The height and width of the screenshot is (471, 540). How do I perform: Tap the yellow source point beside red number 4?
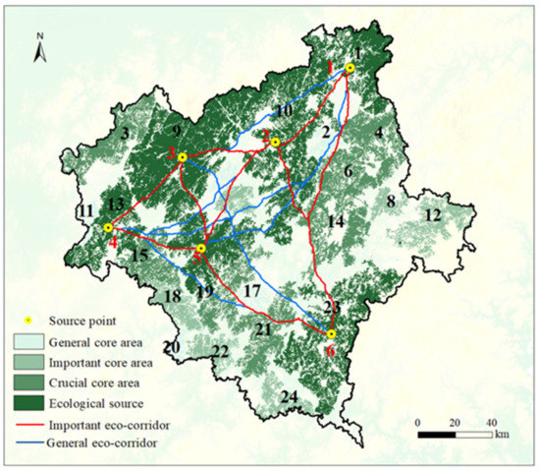coord(108,228)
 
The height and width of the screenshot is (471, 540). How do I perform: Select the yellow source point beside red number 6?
coord(331,333)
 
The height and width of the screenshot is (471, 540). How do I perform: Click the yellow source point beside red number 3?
coord(183,157)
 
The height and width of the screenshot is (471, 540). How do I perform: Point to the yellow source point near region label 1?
coord(350,69)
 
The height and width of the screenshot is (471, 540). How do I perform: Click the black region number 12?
coord(432,215)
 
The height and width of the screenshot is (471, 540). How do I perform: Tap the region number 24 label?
coord(288,396)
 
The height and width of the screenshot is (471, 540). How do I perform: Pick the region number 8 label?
coord(390,202)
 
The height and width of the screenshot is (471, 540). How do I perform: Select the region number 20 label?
coord(171,347)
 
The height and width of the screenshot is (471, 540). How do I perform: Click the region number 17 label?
coord(252,291)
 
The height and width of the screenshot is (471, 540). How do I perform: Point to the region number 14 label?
coord(336,221)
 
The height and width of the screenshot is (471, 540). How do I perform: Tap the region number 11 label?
coord(87,210)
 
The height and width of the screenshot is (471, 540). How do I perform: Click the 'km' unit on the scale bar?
coord(503,433)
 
